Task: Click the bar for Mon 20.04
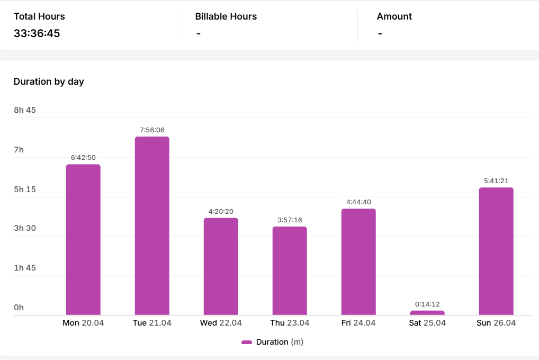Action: [x=83, y=240]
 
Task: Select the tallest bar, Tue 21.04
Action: [x=152, y=226]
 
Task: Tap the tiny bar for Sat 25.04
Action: [x=427, y=313]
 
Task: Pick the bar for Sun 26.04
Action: [x=496, y=251]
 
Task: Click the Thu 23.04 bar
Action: [x=290, y=271]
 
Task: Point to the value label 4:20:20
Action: [x=221, y=211]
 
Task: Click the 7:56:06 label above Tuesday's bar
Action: [x=152, y=130]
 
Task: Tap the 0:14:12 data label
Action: [x=427, y=304]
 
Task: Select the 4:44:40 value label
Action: [x=358, y=202]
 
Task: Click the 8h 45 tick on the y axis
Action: [x=25, y=110]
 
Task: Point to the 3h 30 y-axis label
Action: [x=25, y=228]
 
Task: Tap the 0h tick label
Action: [x=19, y=308]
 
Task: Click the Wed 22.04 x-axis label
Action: [x=221, y=323]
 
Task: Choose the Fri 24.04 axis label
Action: [x=358, y=323]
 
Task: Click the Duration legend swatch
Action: [x=247, y=342]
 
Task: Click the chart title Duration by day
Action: [x=49, y=82]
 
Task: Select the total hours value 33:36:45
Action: [x=37, y=33]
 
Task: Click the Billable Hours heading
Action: [x=226, y=16]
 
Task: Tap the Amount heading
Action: [x=394, y=16]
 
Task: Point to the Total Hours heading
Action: [x=39, y=16]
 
